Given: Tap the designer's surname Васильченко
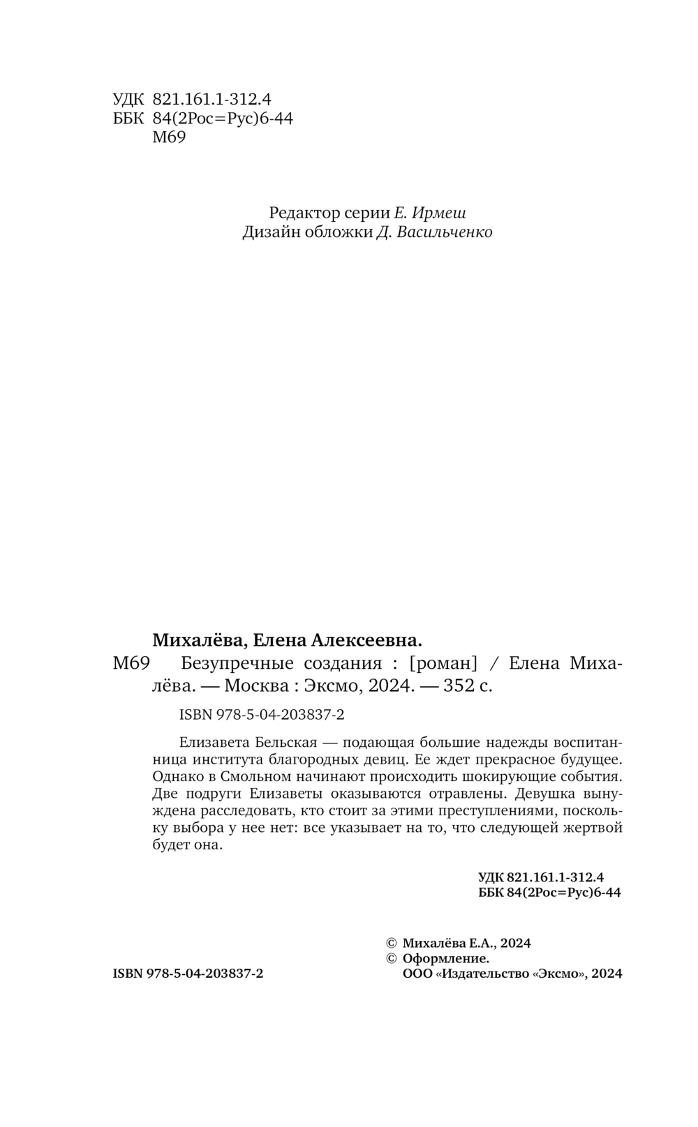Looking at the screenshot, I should click(445, 232).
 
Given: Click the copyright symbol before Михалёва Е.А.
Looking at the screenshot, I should click(392, 943).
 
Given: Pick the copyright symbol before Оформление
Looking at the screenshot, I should click(392, 958).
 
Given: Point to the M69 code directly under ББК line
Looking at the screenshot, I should click(168, 137).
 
